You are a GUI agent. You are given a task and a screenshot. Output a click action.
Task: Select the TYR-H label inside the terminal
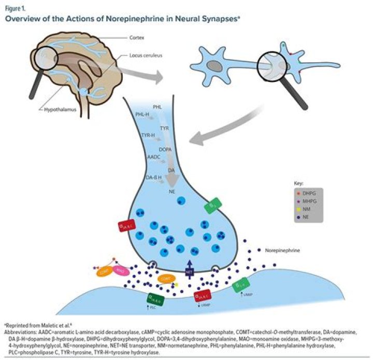(148, 135)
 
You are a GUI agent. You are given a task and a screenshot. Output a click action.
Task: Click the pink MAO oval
(120, 270)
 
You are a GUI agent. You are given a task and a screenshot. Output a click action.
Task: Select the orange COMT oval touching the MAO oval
(106, 270)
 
